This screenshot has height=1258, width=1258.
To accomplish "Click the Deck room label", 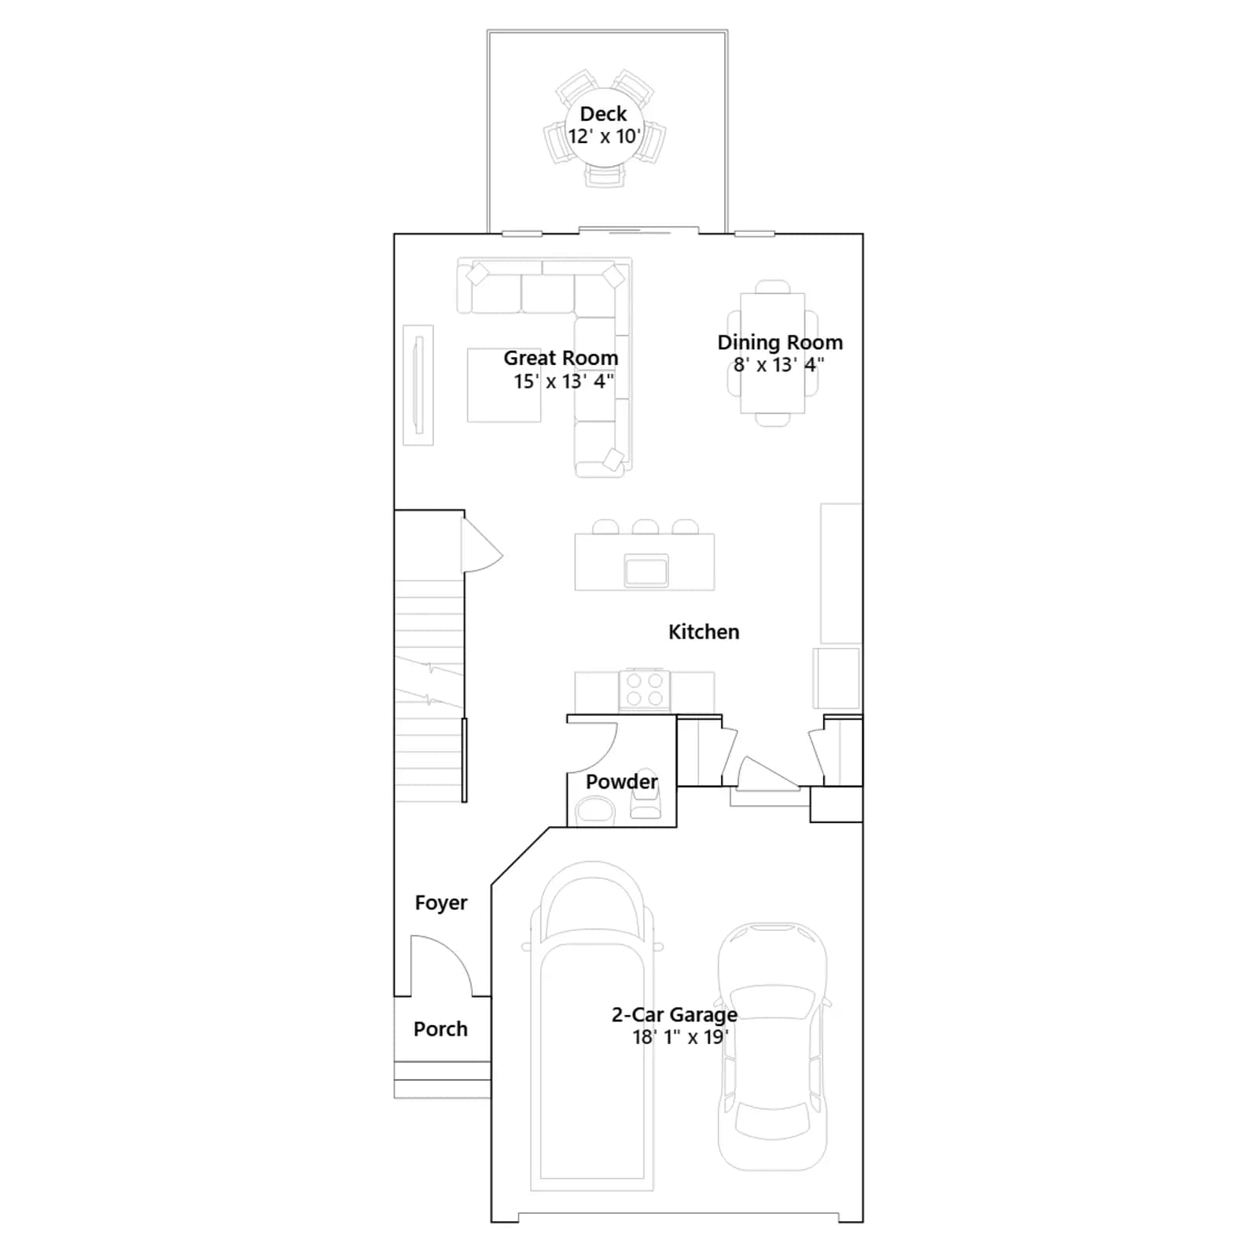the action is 604,114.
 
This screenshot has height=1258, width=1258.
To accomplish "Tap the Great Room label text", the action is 561,359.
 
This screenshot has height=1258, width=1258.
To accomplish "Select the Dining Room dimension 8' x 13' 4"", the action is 779,365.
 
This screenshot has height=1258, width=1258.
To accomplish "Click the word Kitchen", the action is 704,632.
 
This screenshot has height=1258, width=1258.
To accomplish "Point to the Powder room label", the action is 621,782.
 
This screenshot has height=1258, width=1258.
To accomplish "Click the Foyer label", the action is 441,903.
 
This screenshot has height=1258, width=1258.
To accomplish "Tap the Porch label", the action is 440,1028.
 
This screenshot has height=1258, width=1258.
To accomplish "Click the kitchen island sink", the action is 646,570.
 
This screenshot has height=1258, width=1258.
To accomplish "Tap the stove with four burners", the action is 645,690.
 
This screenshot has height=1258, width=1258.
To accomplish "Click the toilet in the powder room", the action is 646,794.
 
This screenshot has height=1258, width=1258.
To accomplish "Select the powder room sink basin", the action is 595,810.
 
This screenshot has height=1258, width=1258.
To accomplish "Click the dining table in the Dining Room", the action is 773,353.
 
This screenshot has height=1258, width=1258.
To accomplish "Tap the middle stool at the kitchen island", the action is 646,527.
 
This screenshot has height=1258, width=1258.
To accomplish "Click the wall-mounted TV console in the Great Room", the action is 418,385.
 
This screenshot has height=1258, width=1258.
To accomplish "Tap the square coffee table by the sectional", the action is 504,385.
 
